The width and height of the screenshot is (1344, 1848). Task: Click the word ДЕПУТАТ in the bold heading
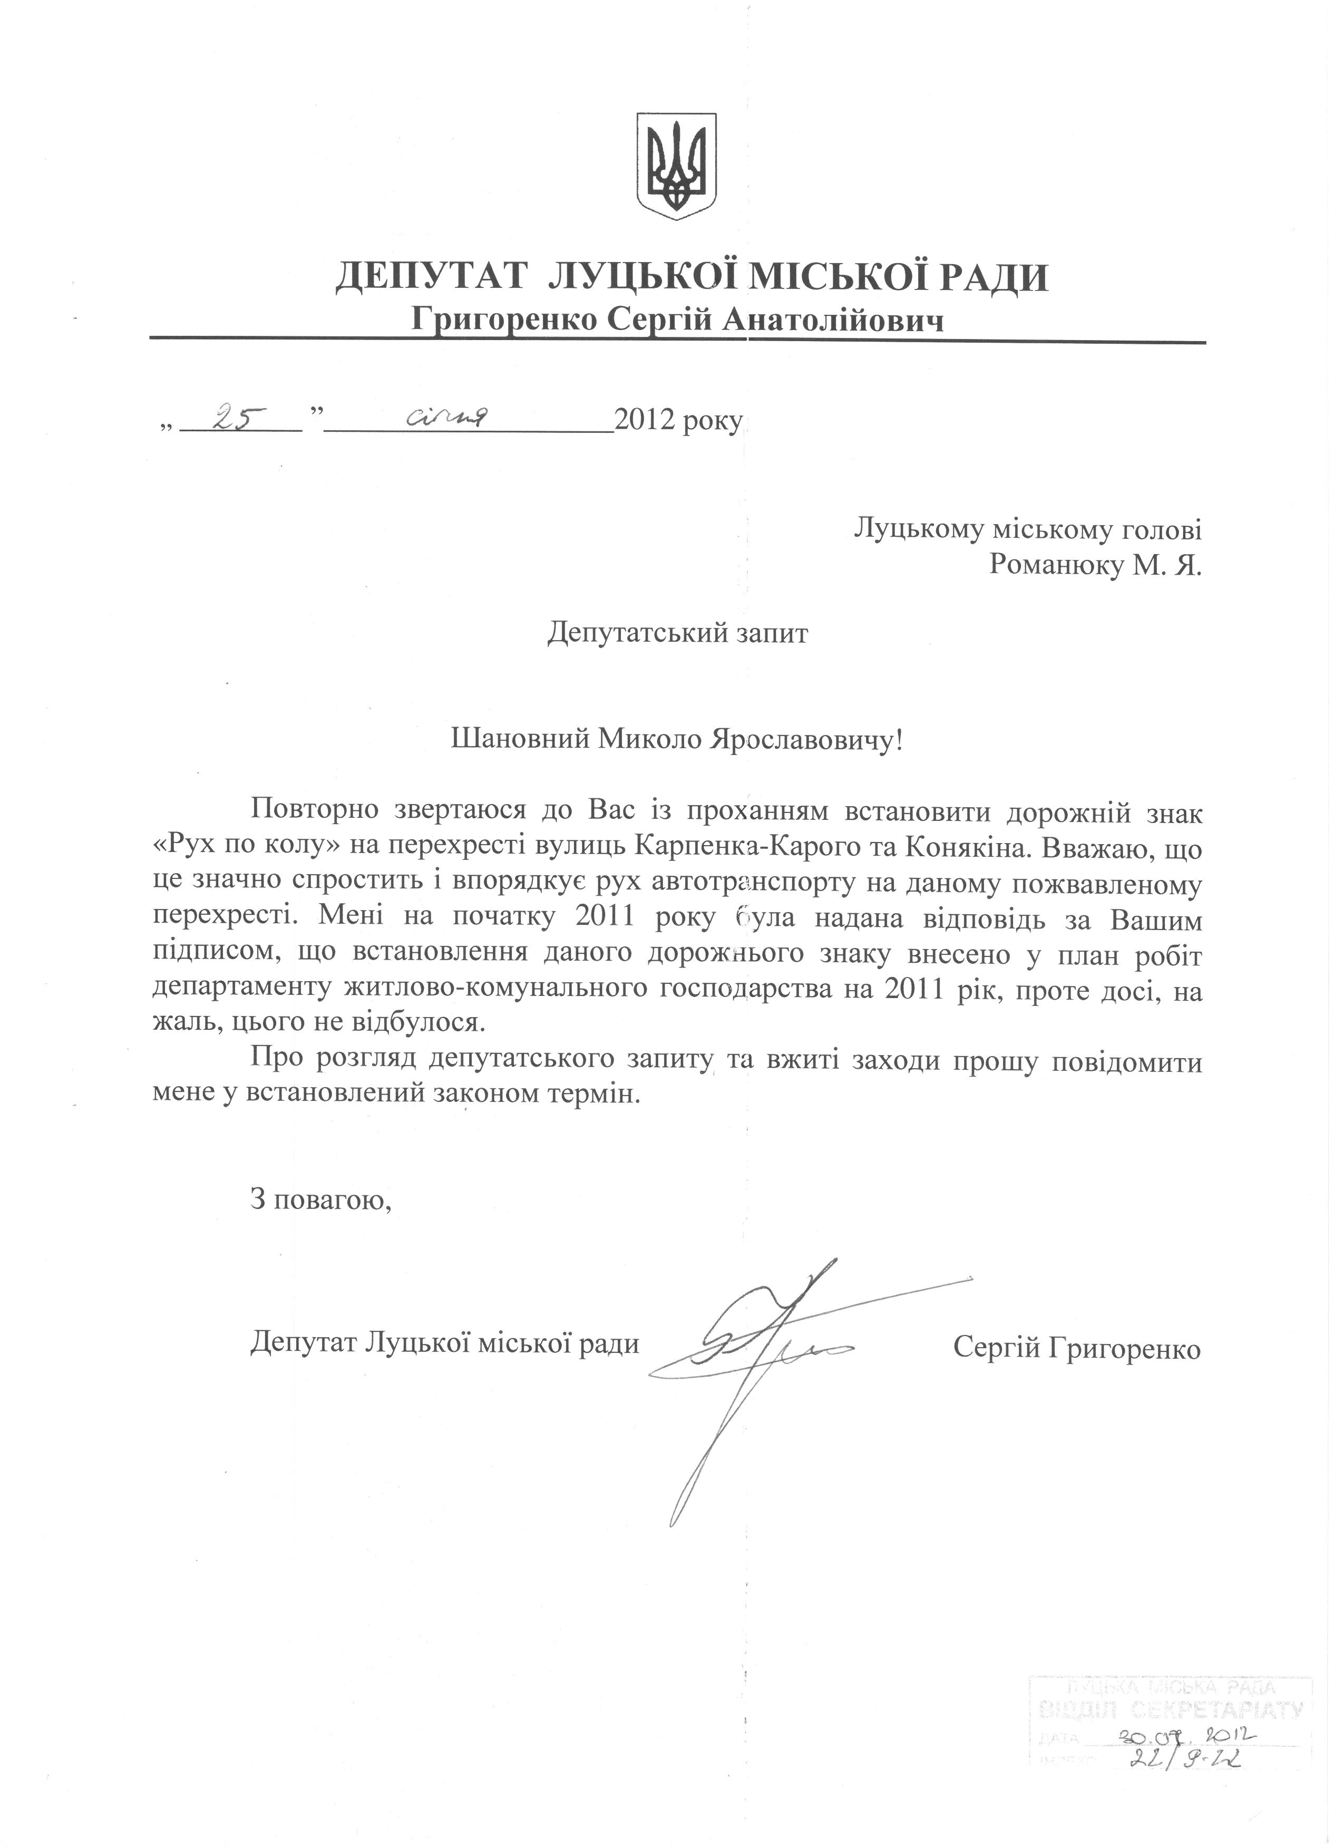click(x=429, y=278)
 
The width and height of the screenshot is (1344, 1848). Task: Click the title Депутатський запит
click(x=678, y=633)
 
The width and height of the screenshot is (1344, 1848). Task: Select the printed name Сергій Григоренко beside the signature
click(x=1077, y=1349)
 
